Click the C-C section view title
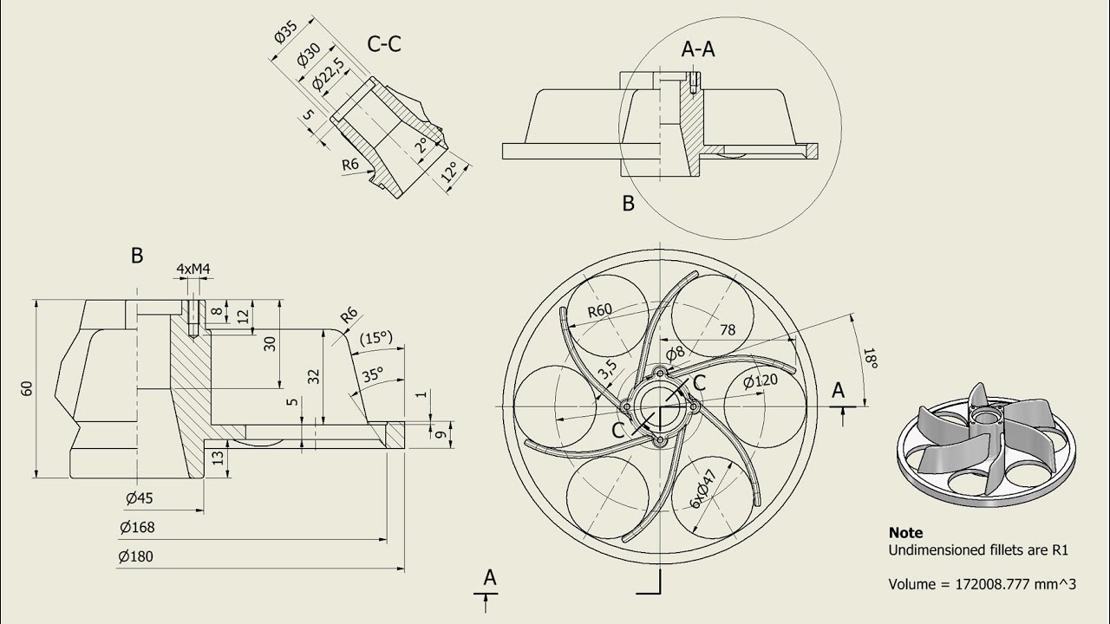click(384, 44)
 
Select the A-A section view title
click(698, 49)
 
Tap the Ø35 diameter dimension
click(285, 32)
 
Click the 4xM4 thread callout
click(193, 269)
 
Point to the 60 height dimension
click(27, 388)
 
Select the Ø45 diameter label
click(140, 498)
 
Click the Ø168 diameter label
click(137, 527)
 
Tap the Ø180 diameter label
click(136, 556)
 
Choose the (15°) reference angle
click(376, 338)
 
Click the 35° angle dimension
click(373, 374)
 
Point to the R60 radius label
click(600, 310)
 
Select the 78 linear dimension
click(728, 330)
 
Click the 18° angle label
click(871, 358)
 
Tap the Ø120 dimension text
click(761, 380)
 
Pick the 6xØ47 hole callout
click(703, 490)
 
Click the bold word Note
click(906, 533)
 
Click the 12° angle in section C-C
click(449, 172)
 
